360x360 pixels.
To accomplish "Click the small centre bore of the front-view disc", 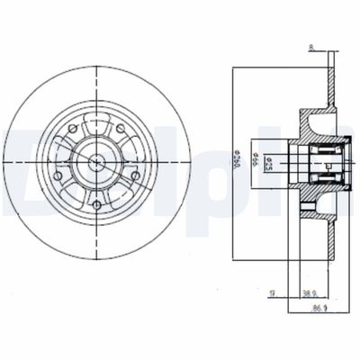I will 97,163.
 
